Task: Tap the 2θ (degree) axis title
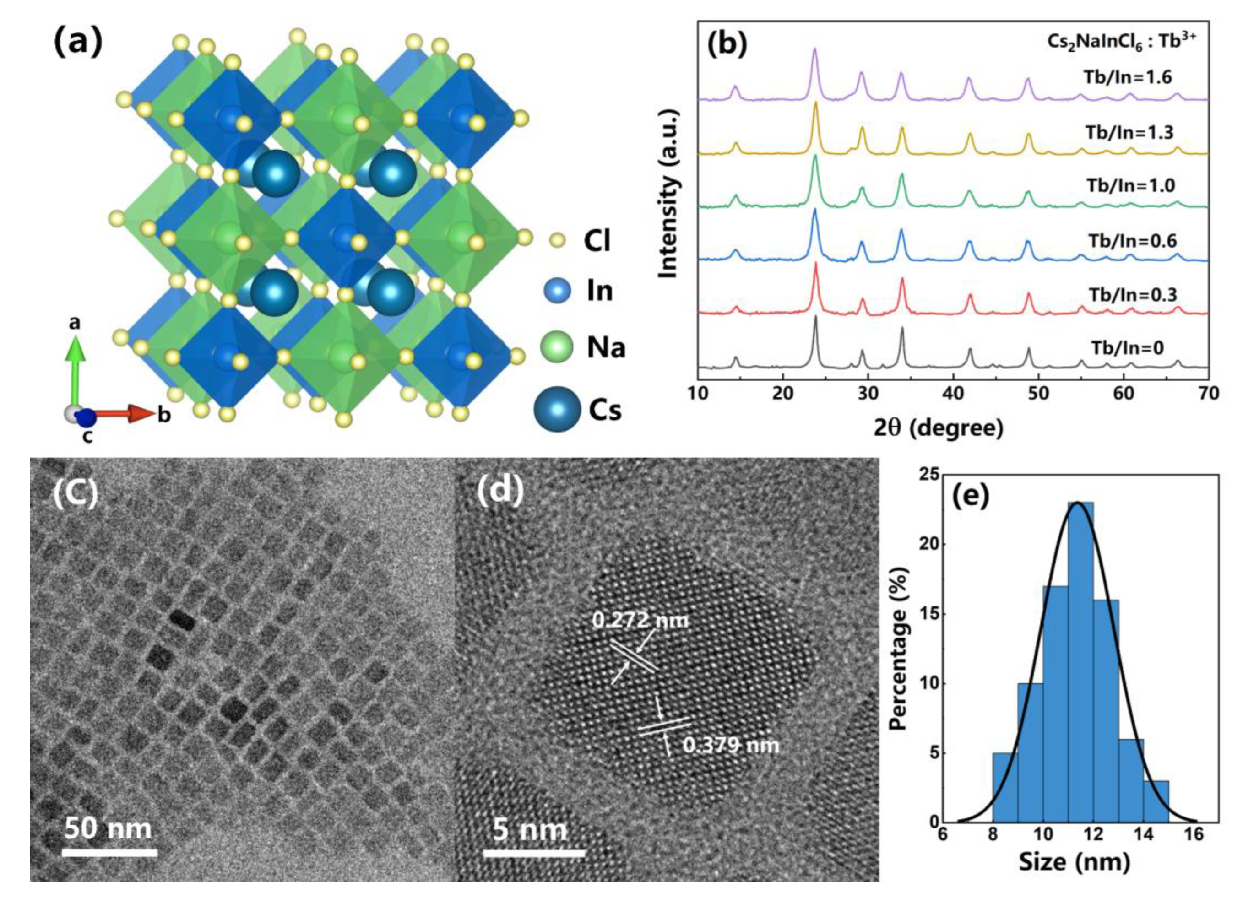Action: [938, 427]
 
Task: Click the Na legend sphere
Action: [556, 347]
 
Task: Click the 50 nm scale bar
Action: [109, 853]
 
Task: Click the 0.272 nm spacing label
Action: [640, 620]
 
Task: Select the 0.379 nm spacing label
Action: [730, 745]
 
